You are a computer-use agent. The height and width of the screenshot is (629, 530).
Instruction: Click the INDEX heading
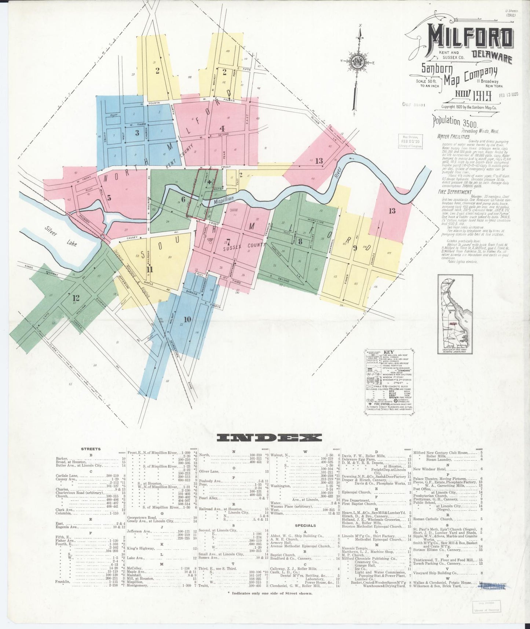pyautogui.click(x=269, y=437)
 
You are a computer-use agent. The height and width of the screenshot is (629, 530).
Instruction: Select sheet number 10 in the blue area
pyautogui.click(x=187, y=319)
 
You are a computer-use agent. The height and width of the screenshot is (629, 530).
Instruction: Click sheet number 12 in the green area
pyautogui.click(x=76, y=297)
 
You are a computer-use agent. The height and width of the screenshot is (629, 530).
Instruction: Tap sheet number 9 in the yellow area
pyautogui.click(x=355, y=248)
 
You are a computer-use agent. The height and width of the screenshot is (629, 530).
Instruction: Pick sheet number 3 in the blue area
pyautogui.click(x=137, y=132)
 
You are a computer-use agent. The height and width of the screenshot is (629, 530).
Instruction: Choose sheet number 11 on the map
pyautogui.click(x=149, y=268)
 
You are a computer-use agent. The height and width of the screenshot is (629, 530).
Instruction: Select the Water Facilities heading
pyautogui.click(x=453, y=137)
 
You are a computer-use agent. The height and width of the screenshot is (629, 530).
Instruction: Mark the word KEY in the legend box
pyautogui.click(x=388, y=352)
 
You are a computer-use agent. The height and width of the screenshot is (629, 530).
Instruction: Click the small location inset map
pyautogui.click(x=455, y=314)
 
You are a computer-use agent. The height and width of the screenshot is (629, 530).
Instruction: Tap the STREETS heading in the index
pyautogui.click(x=91, y=449)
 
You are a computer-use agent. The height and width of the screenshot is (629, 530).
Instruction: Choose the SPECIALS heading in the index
pyautogui.click(x=306, y=526)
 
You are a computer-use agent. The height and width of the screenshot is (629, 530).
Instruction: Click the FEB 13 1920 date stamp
pyautogui.click(x=508, y=94)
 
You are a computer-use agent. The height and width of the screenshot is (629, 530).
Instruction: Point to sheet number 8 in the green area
pyautogui.click(x=300, y=241)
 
